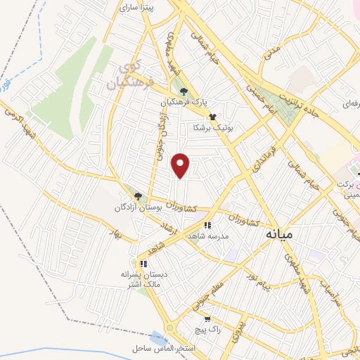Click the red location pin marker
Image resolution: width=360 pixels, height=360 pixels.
[181, 166]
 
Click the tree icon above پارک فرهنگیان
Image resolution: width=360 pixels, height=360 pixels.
[184, 91]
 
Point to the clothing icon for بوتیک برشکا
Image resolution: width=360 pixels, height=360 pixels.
[212, 117]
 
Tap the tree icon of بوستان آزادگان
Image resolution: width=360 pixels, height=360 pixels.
[138, 197]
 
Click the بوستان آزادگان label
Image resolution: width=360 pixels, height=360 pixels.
[139, 208]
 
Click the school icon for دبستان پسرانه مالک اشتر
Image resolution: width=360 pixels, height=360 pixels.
[143, 264]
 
